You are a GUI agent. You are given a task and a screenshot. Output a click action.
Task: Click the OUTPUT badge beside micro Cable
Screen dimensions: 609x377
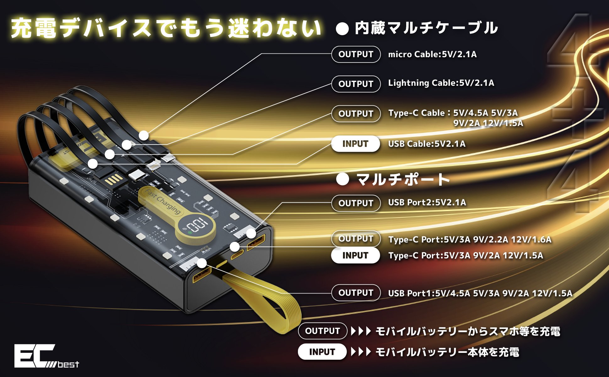pyautogui.click(x=356, y=54)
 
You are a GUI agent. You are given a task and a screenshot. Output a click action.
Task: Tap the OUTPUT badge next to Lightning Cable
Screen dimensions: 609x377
pyautogui.click(x=356, y=84)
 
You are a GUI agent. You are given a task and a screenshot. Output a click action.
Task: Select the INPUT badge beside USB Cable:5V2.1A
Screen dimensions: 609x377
pyautogui.click(x=355, y=144)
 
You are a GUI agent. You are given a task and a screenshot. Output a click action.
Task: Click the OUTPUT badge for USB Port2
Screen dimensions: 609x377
pyautogui.click(x=356, y=203)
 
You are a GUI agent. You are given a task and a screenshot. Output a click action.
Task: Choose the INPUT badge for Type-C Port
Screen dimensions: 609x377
pyautogui.click(x=355, y=255)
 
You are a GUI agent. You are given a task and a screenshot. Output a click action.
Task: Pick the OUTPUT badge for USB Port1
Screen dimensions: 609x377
pyautogui.click(x=356, y=293)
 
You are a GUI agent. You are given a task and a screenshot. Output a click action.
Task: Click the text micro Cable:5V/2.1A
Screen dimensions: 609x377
pyautogui.click(x=432, y=54)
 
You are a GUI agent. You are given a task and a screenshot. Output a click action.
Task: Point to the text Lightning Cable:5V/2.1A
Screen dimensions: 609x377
pyautogui.click(x=441, y=83)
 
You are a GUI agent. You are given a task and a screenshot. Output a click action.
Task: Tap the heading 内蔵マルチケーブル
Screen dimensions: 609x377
pyautogui.click(x=426, y=28)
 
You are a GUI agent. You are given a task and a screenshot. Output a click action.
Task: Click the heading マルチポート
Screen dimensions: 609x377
pyautogui.click(x=403, y=179)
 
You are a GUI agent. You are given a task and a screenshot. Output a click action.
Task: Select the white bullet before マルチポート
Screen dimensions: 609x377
pyautogui.click(x=342, y=179)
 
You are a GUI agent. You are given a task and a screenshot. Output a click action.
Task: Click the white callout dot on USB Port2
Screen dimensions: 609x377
pyautogui.click(x=251, y=233)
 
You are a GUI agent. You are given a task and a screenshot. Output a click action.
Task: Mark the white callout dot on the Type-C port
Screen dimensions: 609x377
pyautogui.click(x=234, y=247)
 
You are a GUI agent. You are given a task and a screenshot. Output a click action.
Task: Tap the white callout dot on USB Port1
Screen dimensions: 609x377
pyautogui.click(x=202, y=263)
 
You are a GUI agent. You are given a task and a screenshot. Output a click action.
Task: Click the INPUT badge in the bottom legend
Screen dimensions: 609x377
pyautogui.click(x=322, y=352)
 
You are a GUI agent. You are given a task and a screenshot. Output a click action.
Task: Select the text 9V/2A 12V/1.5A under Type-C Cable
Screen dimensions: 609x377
pyautogui.click(x=488, y=123)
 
